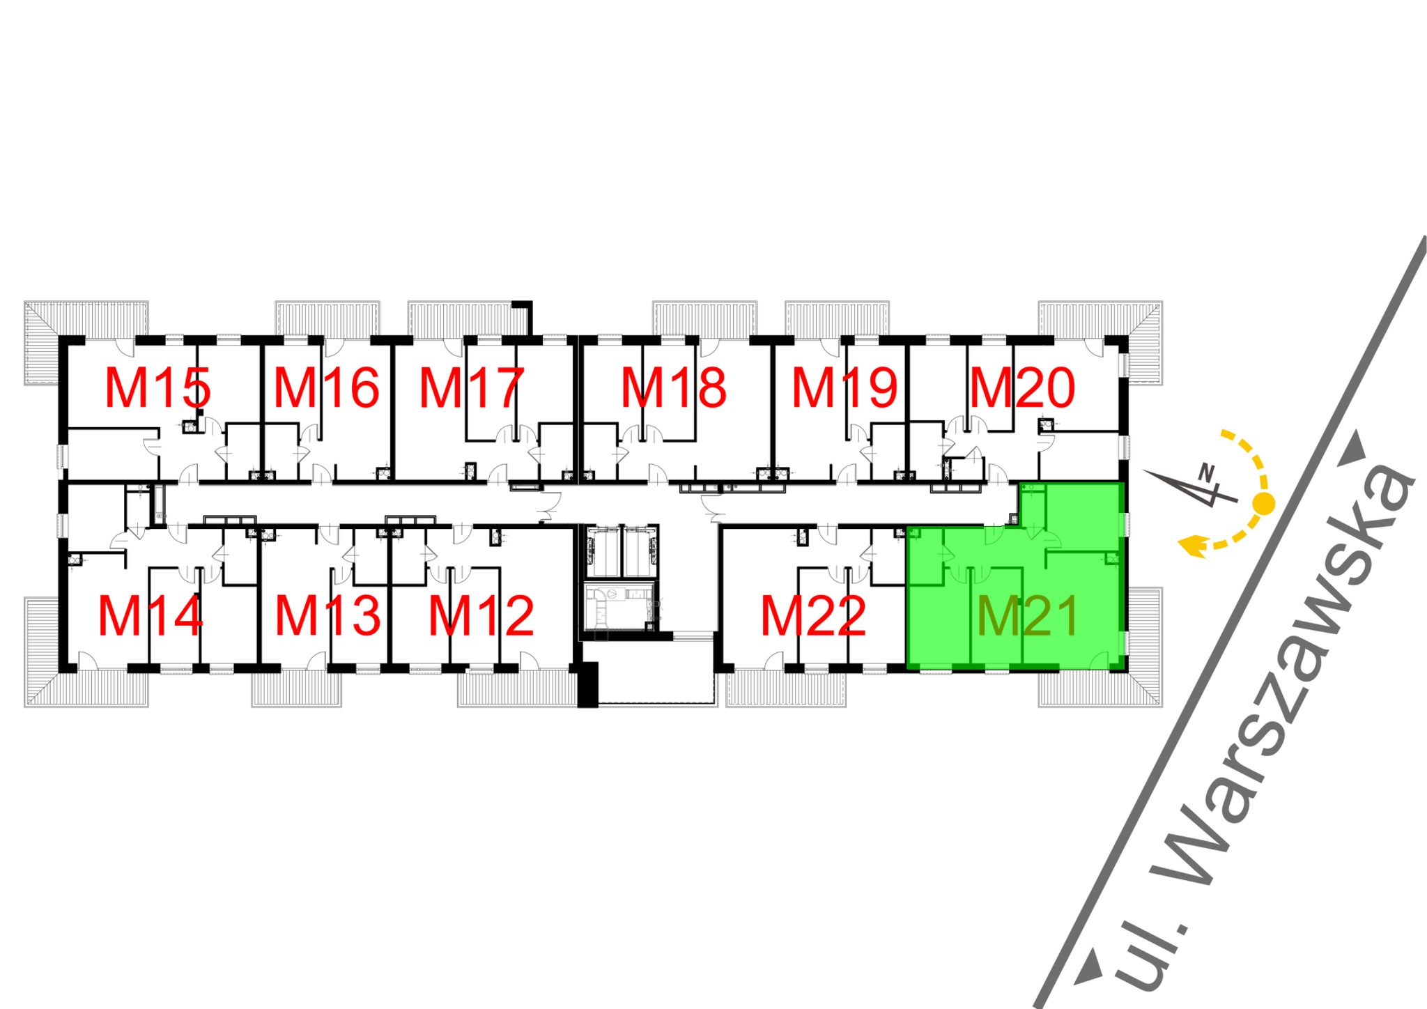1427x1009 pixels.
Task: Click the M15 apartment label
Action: click(157, 388)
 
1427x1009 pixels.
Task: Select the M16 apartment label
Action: click(326, 388)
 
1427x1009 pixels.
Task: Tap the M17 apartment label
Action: click(471, 388)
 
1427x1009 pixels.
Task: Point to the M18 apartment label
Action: click(674, 388)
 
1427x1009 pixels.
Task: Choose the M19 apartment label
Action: click(844, 388)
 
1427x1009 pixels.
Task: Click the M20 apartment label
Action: click(1022, 388)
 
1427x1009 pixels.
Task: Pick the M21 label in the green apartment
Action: click(1028, 616)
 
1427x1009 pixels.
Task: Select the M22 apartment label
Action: click(813, 616)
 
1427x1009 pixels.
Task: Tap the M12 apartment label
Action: click(481, 616)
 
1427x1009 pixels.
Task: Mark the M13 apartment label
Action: click(328, 616)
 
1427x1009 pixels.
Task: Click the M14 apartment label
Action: click(151, 616)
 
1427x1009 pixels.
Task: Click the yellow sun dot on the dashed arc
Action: click(1264, 502)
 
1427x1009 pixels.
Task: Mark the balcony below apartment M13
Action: click(296, 689)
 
